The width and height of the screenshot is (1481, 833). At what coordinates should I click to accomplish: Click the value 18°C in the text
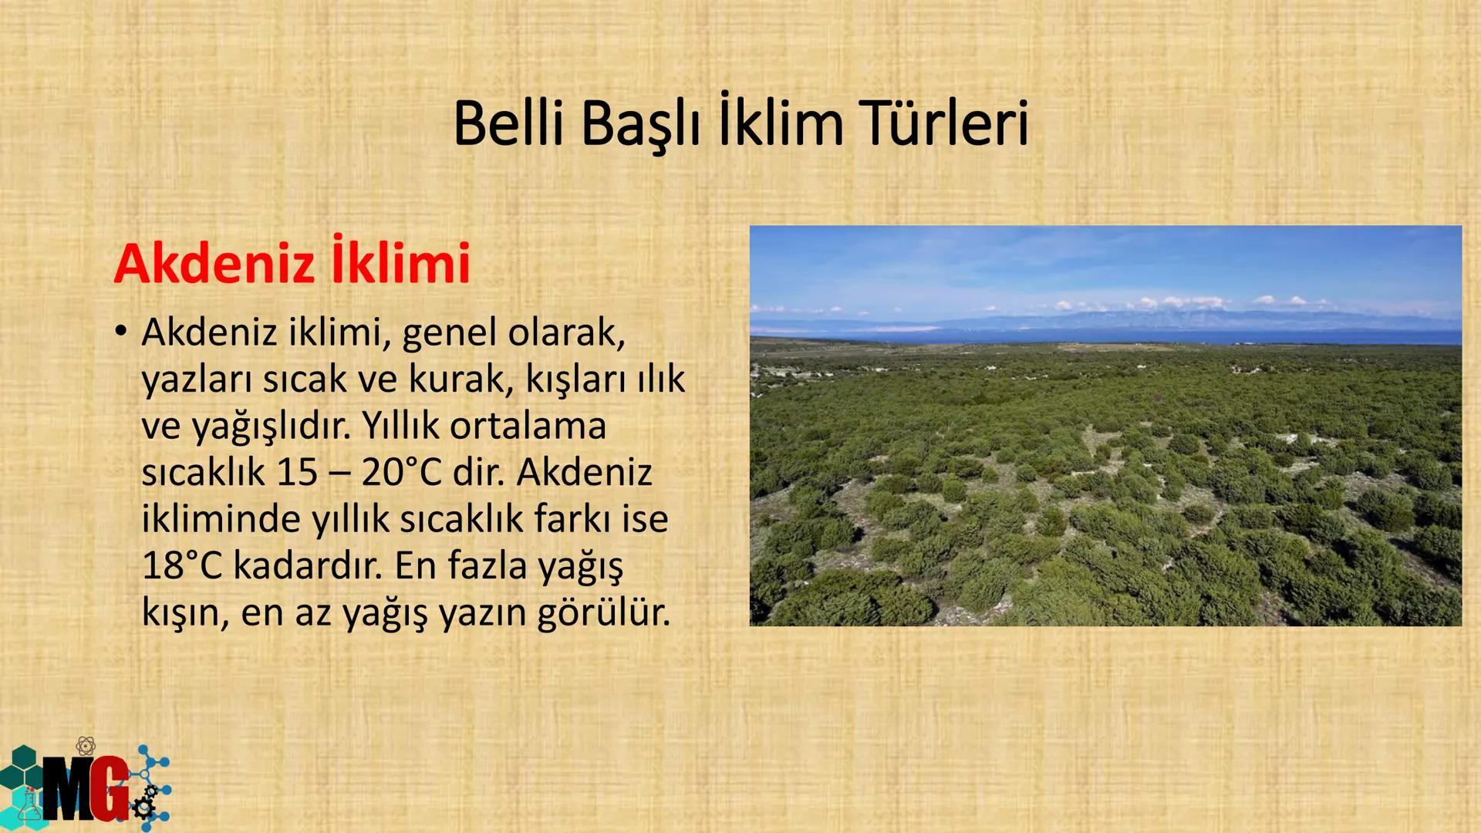click(182, 565)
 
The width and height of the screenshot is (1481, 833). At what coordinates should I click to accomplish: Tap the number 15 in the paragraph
click(297, 472)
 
